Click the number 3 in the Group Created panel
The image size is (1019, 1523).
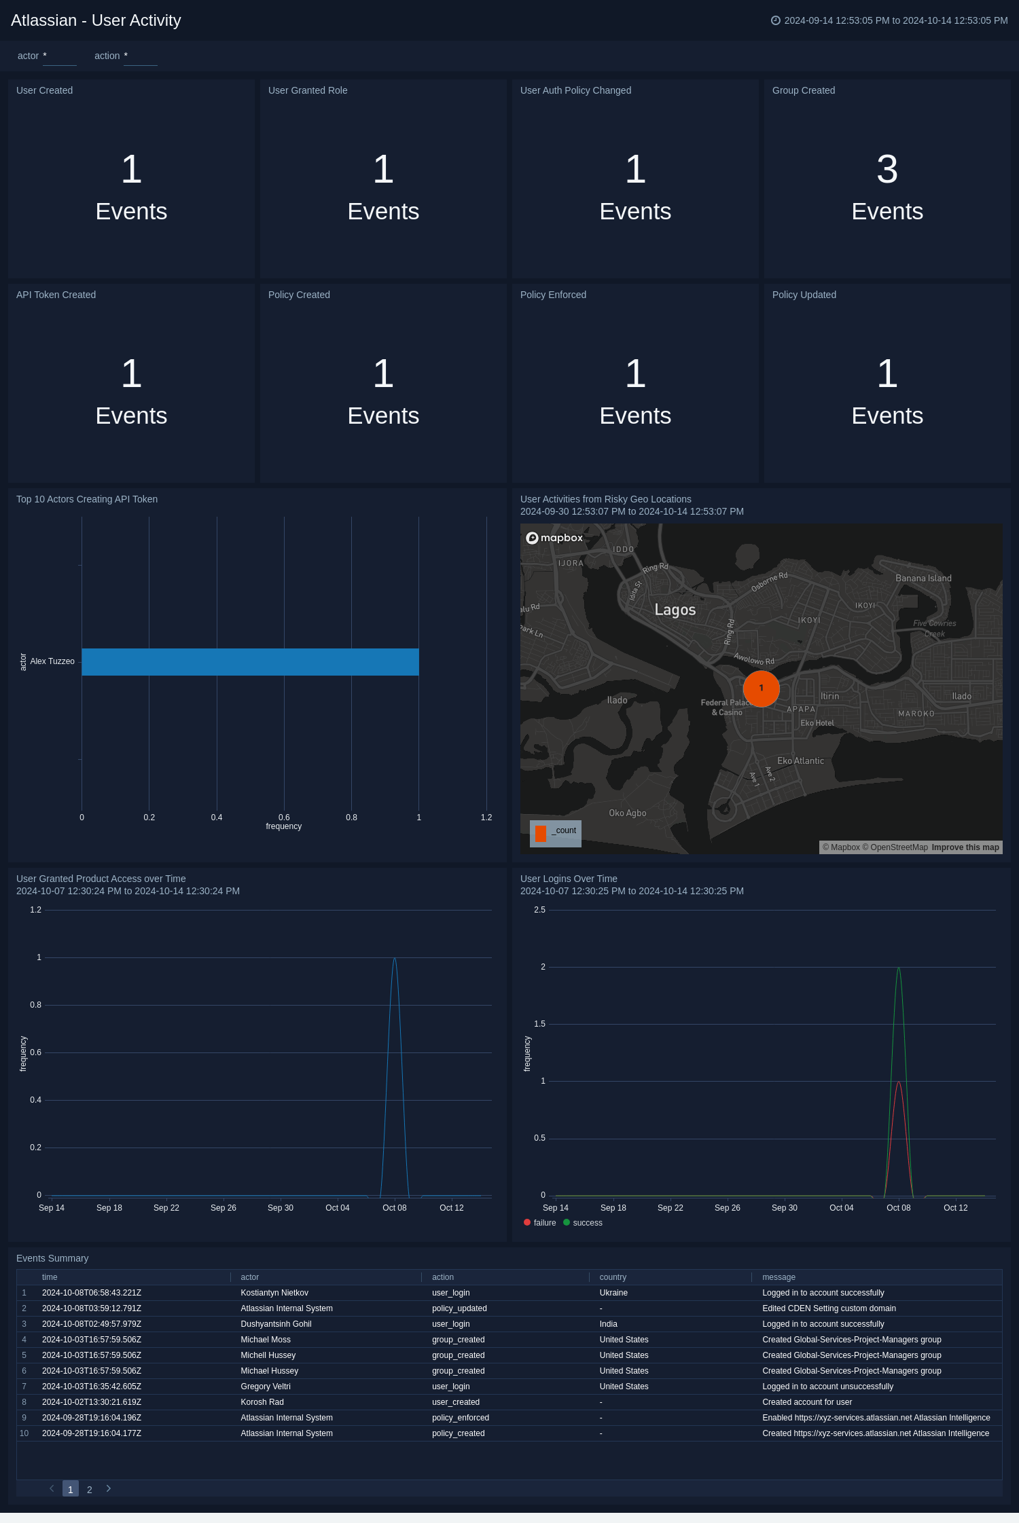pyautogui.click(x=887, y=169)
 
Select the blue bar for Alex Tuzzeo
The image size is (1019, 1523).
pyautogui.click(x=250, y=662)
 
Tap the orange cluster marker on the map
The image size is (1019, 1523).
pyautogui.click(x=761, y=689)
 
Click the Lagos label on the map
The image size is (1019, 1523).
pyautogui.click(x=675, y=610)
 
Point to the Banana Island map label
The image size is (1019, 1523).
pyautogui.click(x=923, y=579)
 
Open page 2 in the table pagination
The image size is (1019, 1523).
pyautogui.click(x=90, y=1489)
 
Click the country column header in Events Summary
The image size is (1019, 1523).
pyautogui.click(x=613, y=1277)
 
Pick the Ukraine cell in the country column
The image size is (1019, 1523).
pyautogui.click(x=613, y=1293)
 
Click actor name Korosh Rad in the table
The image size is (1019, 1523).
pyautogui.click(x=262, y=1402)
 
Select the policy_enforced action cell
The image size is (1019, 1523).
pyautogui.click(x=461, y=1418)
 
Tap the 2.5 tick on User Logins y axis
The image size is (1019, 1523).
pyautogui.click(x=539, y=910)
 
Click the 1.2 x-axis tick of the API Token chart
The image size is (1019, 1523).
pyautogui.click(x=486, y=818)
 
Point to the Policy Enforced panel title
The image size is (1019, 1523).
pyautogui.click(x=553, y=295)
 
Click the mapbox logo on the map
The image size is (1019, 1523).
pyautogui.click(x=554, y=538)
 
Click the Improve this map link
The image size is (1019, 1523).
pyautogui.click(x=965, y=847)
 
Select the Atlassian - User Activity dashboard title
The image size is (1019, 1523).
pyautogui.click(x=96, y=20)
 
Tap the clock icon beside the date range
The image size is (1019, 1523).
pyautogui.click(x=775, y=20)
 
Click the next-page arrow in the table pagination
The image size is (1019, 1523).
pyautogui.click(x=109, y=1488)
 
